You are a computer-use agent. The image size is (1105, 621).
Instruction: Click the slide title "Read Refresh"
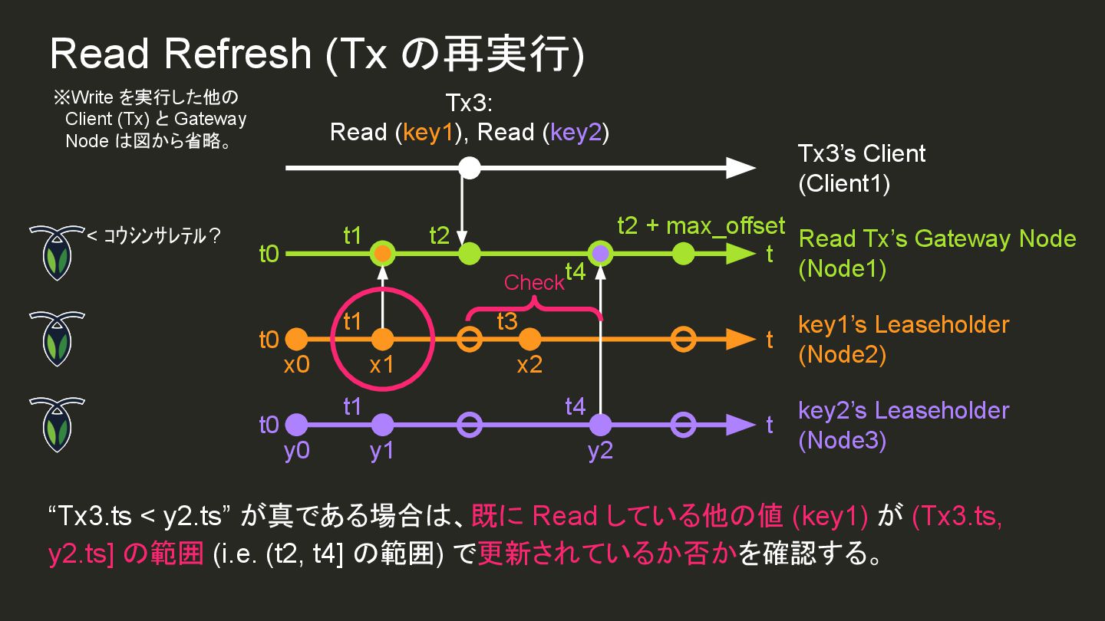[x=180, y=54]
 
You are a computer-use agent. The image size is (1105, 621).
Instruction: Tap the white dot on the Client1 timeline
[x=469, y=168]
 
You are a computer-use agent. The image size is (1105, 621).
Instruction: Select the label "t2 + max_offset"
[x=701, y=225]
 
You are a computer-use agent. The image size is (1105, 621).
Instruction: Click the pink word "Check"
[x=534, y=283]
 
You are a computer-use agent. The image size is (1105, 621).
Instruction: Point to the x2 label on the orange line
[x=529, y=364]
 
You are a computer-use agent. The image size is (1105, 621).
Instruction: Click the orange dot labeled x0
[x=296, y=339]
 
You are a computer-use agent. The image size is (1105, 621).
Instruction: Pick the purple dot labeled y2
[x=600, y=424]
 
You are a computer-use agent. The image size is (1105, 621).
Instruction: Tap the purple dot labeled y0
[x=296, y=424]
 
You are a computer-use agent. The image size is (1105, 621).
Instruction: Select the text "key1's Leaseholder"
[x=903, y=324]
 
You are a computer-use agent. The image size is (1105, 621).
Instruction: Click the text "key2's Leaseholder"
[x=903, y=410]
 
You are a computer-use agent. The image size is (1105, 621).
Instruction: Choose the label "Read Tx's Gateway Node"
[x=937, y=238]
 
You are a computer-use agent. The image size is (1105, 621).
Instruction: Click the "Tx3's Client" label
[x=862, y=153]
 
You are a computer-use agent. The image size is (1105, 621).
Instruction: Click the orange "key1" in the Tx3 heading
[x=429, y=133]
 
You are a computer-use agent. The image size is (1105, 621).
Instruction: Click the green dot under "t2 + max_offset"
[x=683, y=253]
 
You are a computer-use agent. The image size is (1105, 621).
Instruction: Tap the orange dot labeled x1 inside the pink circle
[x=381, y=339]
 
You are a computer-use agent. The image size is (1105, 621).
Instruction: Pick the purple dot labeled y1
[x=381, y=424]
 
